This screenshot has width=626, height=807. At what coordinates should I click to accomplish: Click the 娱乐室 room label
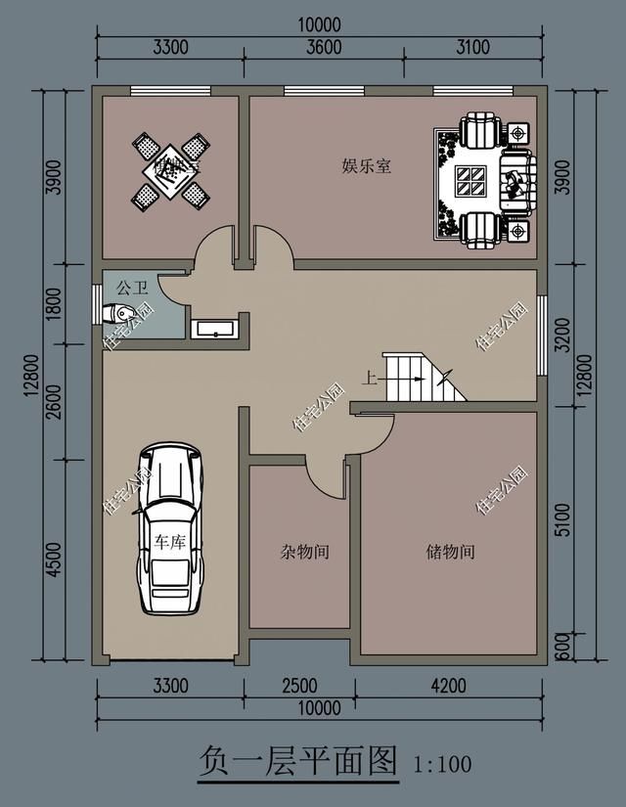coord(367,166)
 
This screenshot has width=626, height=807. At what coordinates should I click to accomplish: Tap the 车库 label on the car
coord(170,542)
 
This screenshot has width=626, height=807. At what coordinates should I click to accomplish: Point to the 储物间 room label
coord(451,552)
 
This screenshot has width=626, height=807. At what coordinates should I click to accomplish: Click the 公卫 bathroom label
coord(131,288)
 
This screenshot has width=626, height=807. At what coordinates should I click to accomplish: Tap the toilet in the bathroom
coord(118,314)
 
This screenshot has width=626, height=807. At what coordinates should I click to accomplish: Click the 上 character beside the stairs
coord(370,377)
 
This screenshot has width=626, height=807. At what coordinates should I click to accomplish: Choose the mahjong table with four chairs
coord(170,171)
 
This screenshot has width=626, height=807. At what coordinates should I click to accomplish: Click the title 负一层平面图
coord(298,761)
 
